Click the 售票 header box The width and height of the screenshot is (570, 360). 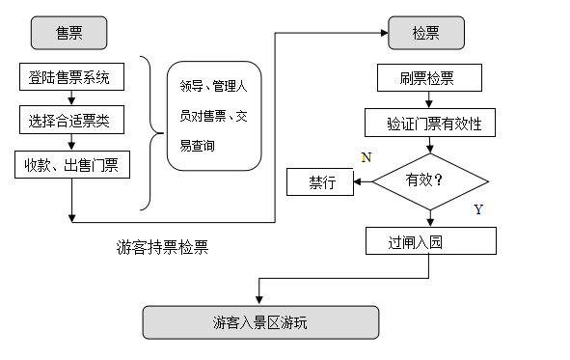(68, 33)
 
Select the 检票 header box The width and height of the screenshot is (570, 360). (425, 33)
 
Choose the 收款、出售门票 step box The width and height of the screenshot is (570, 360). (71, 165)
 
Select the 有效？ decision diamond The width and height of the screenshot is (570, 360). (430, 181)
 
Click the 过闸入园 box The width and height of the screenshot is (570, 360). (430, 240)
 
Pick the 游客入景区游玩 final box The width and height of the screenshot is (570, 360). (259, 322)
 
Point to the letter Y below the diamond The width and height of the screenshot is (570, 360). (477, 209)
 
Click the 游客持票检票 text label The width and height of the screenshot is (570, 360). (161, 247)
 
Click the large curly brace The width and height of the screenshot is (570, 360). (147, 132)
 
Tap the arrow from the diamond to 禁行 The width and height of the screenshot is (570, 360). (364, 181)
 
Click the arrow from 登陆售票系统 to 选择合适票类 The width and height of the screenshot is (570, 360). (71, 98)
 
